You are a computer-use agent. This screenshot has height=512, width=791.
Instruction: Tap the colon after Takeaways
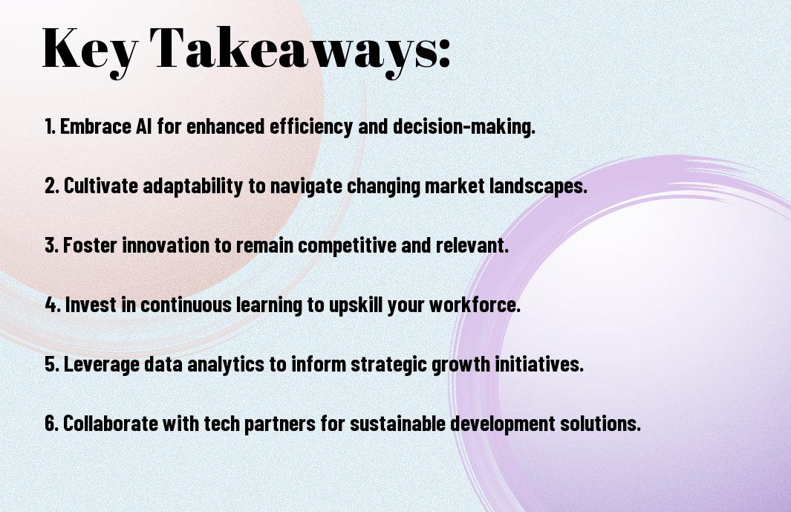[x=444, y=53]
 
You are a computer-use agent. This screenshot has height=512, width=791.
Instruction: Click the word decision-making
[x=464, y=126]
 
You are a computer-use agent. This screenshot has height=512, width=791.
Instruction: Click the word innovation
[x=166, y=245]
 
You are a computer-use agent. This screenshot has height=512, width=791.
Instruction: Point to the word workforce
[x=475, y=305]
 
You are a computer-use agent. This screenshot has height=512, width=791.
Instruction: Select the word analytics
[x=226, y=364]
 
